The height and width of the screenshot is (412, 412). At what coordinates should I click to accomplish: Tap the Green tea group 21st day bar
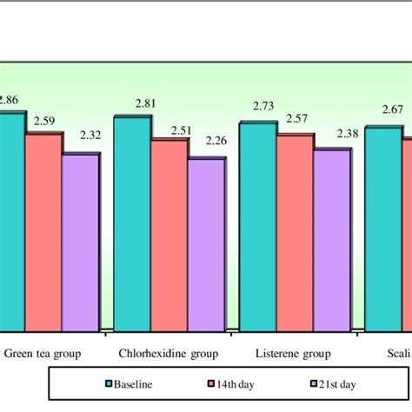click(x=80, y=243)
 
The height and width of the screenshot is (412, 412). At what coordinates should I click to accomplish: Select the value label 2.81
click(x=146, y=104)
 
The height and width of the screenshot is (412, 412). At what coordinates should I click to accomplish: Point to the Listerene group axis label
click(x=294, y=355)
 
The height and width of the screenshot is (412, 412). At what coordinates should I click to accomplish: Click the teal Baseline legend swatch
click(x=110, y=383)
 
